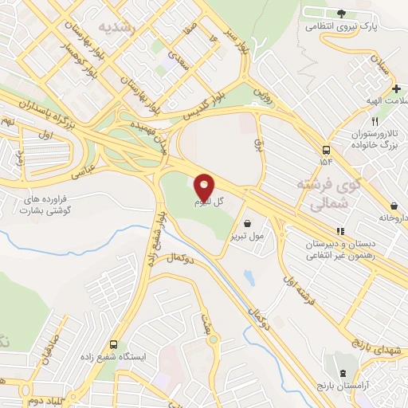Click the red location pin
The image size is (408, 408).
point(205,187)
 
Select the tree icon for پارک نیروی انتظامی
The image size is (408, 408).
point(342,13)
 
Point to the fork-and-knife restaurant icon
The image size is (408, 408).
point(354,121)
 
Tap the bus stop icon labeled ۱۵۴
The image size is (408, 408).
point(326,150)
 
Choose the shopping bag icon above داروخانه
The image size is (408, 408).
point(395,205)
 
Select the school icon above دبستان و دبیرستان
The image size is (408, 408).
point(340,232)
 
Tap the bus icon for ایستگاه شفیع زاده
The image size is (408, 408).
point(114,345)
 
